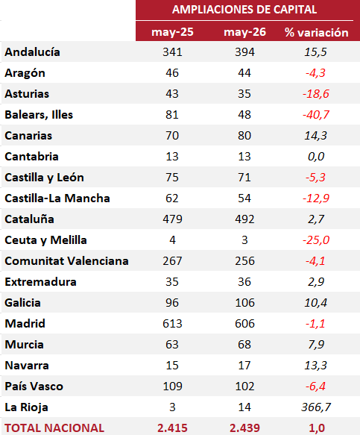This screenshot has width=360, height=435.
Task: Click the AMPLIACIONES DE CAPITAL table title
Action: point(244,10)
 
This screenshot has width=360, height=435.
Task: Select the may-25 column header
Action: point(172,32)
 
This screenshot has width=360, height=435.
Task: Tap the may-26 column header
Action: point(244,32)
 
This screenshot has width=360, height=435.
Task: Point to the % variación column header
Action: point(317,33)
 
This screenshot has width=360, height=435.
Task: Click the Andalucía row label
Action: point(32,52)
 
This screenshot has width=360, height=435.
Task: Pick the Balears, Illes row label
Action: point(39,115)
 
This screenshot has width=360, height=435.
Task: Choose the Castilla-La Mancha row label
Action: point(57,198)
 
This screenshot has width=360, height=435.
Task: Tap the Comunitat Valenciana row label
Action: point(66,261)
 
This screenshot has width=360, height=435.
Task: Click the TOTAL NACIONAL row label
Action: point(54,428)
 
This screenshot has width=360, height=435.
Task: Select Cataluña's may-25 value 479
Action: point(172,219)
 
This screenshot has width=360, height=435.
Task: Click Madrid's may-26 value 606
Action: point(244,324)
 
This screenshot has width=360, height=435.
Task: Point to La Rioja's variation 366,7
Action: point(316,407)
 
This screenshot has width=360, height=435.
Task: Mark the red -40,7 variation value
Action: point(316,115)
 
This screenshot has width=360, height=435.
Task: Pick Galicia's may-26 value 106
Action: point(244,303)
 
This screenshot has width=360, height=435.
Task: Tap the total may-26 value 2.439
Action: point(244,428)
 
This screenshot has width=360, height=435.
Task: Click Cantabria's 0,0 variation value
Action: point(316,157)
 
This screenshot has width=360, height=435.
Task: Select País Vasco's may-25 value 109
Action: point(172,387)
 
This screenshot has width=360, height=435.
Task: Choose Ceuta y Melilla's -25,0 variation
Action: point(316,240)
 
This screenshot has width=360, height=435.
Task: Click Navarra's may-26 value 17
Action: point(244,366)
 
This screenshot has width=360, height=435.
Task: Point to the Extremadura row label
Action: point(40,282)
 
